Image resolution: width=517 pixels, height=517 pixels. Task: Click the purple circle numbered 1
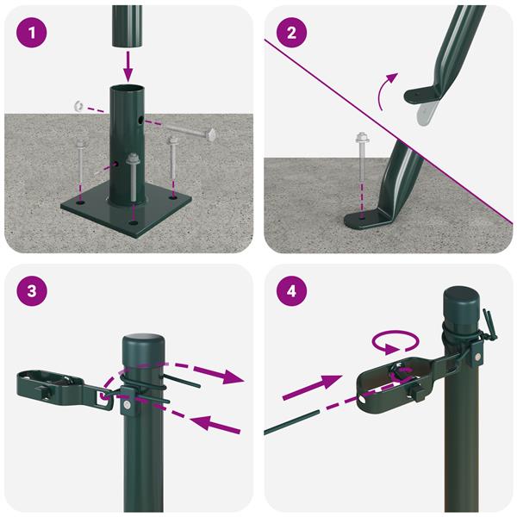tap(32, 33)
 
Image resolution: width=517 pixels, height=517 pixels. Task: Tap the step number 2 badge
tap(291, 33)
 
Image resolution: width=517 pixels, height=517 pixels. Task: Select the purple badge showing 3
tap(32, 291)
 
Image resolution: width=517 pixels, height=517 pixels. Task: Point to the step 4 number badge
tap(291, 291)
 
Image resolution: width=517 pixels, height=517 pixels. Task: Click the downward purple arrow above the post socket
tap(128, 66)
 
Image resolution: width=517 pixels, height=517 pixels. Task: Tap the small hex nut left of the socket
tap(78, 106)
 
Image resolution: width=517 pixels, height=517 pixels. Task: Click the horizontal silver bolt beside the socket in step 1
tap(190, 132)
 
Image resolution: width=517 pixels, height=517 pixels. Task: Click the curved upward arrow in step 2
tap(386, 90)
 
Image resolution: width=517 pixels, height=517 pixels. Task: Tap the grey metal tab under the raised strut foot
tap(427, 113)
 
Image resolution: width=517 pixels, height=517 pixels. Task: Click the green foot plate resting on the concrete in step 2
tap(369, 219)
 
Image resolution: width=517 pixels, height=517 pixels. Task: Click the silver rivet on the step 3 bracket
tap(127, 404)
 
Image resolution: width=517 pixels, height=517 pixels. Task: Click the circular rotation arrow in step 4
tap(396, 342)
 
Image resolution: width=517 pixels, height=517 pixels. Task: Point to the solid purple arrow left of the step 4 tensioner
tap(312, 387)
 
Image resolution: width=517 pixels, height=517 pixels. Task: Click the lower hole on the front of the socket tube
tap(116, 164)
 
